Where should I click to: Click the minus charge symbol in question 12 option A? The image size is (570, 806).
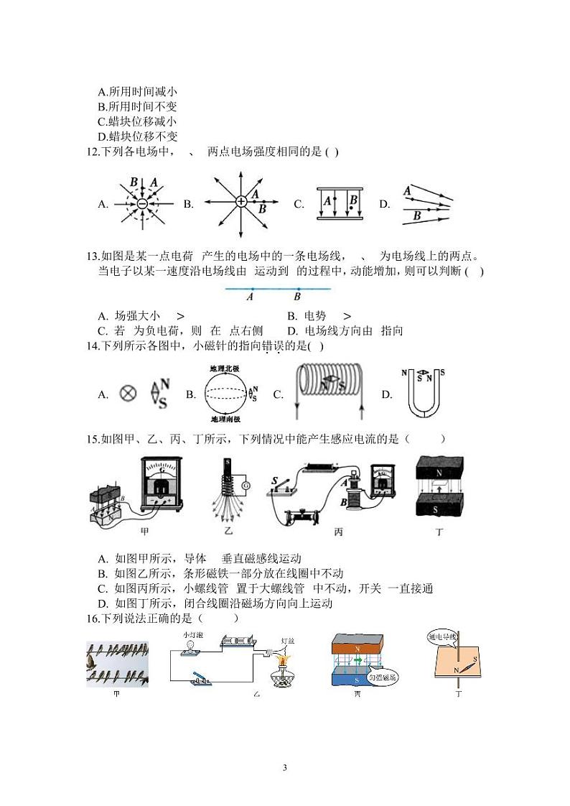pos(142,204)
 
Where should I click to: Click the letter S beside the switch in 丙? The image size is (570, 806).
pos(275,480)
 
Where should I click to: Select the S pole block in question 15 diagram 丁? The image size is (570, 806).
pos(439,507)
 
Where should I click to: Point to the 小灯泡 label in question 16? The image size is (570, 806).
pos(193,635)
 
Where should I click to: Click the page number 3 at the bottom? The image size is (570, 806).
pos(285,768)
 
